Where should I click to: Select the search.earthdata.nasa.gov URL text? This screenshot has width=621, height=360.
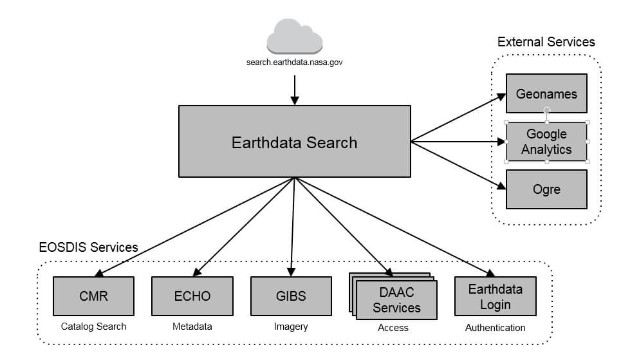[294, 62]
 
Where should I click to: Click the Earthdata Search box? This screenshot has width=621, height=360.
[294, 142]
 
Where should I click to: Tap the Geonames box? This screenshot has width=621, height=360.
[546, 94]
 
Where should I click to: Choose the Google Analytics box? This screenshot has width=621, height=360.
[546, 142]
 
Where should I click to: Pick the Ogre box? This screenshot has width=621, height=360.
[546, 189]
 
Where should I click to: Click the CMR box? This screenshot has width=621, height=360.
[93, 296]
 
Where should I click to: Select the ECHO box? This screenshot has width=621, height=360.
[192, 296]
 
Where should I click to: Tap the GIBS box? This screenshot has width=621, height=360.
[291, 296]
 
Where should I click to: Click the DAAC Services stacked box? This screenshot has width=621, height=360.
[396, 300]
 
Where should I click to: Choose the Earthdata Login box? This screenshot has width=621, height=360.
[495, 296]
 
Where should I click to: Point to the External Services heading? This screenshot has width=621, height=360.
[546, 42]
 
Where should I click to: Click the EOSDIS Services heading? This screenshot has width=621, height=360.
[88, 247]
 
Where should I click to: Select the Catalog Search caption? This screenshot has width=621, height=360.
[93, 327]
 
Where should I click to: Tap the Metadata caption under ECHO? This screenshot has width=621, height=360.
[192, 327]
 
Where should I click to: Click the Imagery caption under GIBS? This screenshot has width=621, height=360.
[291, 327]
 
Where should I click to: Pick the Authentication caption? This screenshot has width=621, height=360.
[495, 328]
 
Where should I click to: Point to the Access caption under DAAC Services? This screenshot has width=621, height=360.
[393, 328]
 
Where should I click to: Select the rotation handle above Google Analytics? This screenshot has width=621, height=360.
[546, 110]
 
